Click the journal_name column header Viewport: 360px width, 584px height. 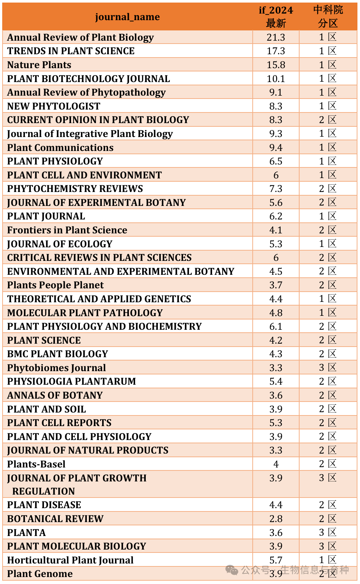tap(127, 17)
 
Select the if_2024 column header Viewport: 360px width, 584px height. tap(276, 17)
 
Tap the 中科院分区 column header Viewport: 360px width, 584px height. tap(328, 17)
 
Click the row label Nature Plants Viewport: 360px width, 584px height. tap(39, 65)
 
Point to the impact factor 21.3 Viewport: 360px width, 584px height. tap(276, 37)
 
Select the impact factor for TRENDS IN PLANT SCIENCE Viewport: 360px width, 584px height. tap(276, 51)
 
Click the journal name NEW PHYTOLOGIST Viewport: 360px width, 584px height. tap(53, 106)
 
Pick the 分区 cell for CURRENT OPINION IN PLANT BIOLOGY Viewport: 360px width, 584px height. tap(328, 120)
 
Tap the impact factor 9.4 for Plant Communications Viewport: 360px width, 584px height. tap(276, 148)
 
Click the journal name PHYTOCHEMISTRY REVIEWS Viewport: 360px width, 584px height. tap(75, 189)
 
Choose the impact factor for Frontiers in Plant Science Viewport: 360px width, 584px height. tap(276, 230)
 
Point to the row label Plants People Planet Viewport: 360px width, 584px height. tap(55, 285)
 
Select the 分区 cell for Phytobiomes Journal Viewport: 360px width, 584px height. tap(328, 367)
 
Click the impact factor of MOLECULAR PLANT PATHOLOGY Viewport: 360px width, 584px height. tap(276, 313)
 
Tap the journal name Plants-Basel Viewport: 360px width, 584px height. tap(36, 464)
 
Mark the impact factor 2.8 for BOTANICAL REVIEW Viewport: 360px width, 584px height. tap(276, 519)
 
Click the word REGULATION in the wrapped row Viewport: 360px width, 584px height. tap(44, 491)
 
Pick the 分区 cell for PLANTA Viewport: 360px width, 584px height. tap(328, 532)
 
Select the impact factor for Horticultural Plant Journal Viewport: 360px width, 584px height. tap(276, 560)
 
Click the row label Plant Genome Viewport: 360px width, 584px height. tap(40, 574)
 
